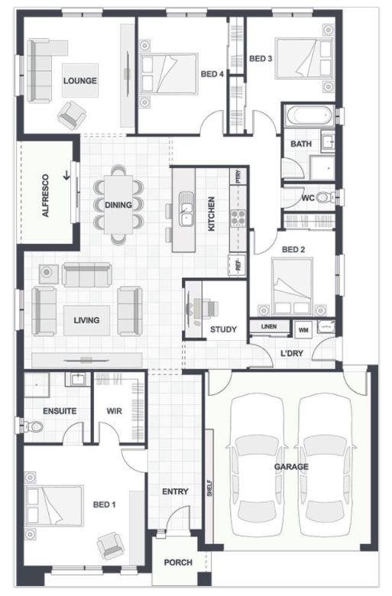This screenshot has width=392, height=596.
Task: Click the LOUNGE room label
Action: [79, 80]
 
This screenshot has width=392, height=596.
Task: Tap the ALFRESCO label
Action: [46, 196]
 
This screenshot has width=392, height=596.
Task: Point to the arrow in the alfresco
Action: [66, 175]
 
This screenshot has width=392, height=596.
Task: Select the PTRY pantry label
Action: [238, 177]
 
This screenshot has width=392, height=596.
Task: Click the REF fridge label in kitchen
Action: [238, 265]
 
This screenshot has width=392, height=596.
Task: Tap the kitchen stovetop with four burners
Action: [238, 219]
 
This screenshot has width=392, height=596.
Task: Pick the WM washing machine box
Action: [303, 330]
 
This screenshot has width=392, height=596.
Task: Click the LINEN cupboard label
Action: [269, 326]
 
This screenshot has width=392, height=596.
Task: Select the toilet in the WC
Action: [325, 197]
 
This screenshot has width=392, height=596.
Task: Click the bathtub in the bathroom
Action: [309, 115]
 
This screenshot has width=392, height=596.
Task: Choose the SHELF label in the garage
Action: [209, 488]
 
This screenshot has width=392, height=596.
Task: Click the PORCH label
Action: [178, 562]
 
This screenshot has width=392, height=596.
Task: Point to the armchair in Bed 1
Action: [110, 546]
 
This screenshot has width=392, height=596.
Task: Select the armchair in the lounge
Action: [72, 115]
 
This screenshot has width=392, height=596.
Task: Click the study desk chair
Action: [209, 308]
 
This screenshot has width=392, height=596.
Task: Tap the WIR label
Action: [114, 411]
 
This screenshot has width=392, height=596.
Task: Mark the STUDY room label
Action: [223, 329]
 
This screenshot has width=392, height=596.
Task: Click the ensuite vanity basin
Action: [77, 379]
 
